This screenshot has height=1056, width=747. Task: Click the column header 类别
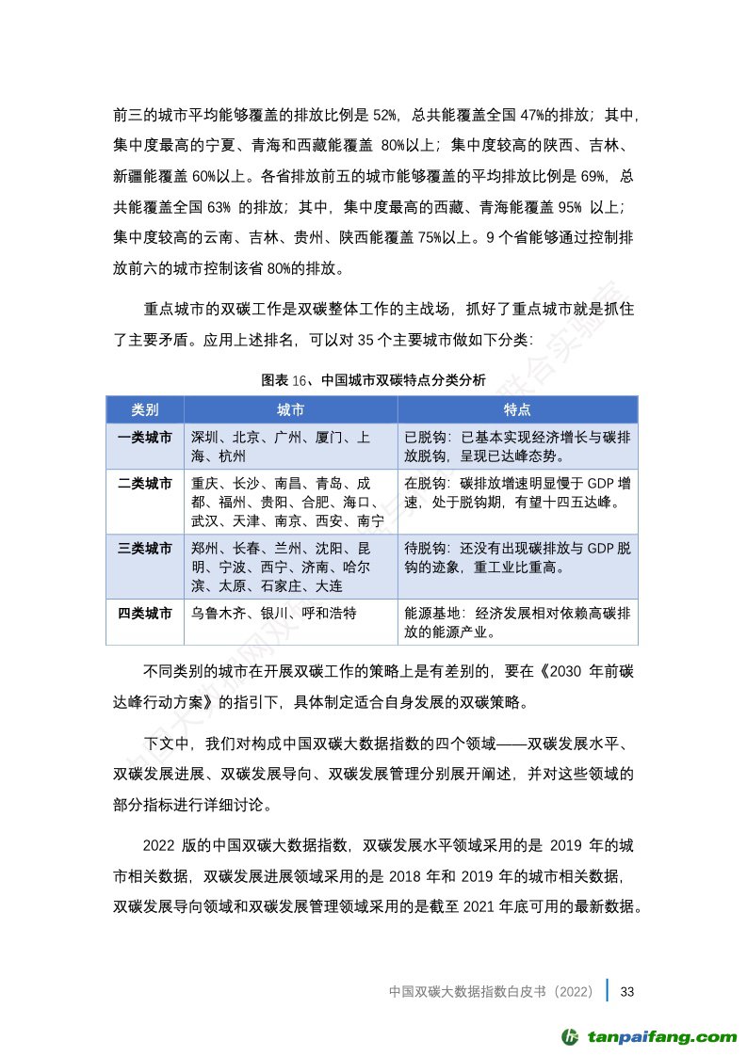pos(144,410)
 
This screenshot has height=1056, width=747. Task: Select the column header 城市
pos(290,410)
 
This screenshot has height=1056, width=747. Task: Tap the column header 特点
pos(517,410)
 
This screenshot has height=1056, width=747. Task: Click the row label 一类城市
pos(144,438)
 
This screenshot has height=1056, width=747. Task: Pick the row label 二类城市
pos(144,484)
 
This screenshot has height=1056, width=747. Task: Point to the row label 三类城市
pos(144,549)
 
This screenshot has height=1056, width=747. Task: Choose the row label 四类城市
pos(144,613)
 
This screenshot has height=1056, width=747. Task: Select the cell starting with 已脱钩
pos(517,446)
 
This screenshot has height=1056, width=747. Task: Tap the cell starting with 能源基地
pos(517,621)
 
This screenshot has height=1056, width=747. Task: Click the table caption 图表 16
pos(374,380)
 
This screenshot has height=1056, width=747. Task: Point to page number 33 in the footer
pos(629,992)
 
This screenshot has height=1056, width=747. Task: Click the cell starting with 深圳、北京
pos(281,446)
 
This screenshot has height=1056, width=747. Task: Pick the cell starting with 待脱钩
pos(517,557)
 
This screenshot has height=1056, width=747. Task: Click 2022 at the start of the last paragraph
pos(159,844)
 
